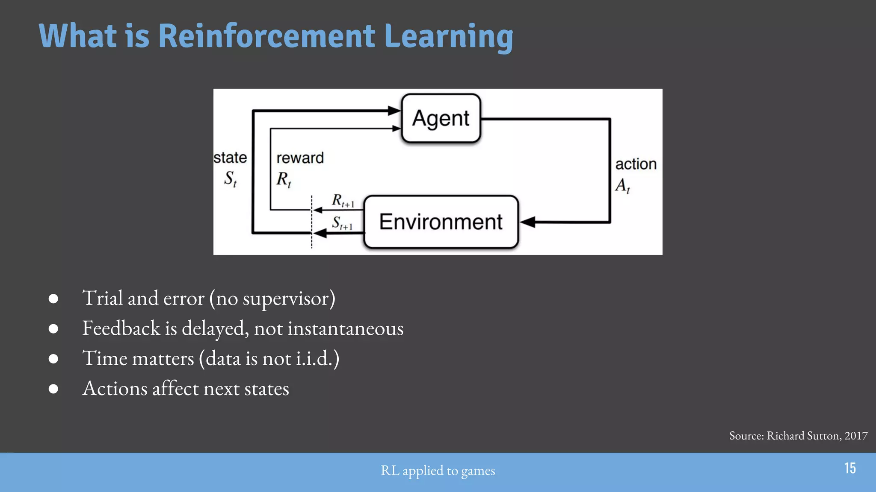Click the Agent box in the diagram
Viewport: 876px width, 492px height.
pyautogui.click(x=441, y=118)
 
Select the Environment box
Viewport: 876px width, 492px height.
pyautogui.click(x=441, y=222)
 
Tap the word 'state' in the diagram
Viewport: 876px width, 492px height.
pyautogui.click(x=230, y=158)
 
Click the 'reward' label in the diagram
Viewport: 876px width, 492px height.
pyautogui.click(x=300, y=158)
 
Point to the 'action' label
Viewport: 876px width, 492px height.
pyautogui.click(x=636, y=164)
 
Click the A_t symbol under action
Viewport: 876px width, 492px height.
pyautogui.click(x=622, y=185)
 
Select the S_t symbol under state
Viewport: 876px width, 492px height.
pyautogui.click(x=230, y=178)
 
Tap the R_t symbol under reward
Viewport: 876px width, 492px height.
pyautogui.click(x=284, y=179)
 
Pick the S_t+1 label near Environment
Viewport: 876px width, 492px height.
pyautogui.click(x=342, y=223)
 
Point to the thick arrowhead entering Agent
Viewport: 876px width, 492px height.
pyautogui.click(x=394, y=111)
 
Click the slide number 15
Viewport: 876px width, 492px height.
pyautogui.click(x=850, y=468)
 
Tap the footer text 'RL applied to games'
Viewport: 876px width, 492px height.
pyautogui.click(x=438, y=471)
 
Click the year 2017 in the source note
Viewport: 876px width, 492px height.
pyautogui.click(x=856, y=436)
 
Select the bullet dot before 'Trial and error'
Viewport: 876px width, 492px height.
pyautogui.click(x=53, y=299)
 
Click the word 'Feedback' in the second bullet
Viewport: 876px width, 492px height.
pyautogui.click(x=121, y=328)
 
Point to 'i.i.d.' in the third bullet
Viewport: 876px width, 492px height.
pyautogui.click(x=314, y=358)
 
